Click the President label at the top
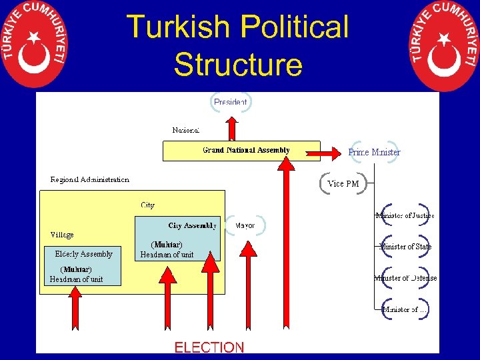231,102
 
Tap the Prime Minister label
374,152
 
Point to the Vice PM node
343,183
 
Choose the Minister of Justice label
405,215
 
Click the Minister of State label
405,247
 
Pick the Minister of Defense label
405,278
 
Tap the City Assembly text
192,225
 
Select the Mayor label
245,225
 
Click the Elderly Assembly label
83,253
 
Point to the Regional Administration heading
90,179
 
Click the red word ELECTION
209,347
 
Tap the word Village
62,235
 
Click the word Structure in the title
238,65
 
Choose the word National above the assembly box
185,130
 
